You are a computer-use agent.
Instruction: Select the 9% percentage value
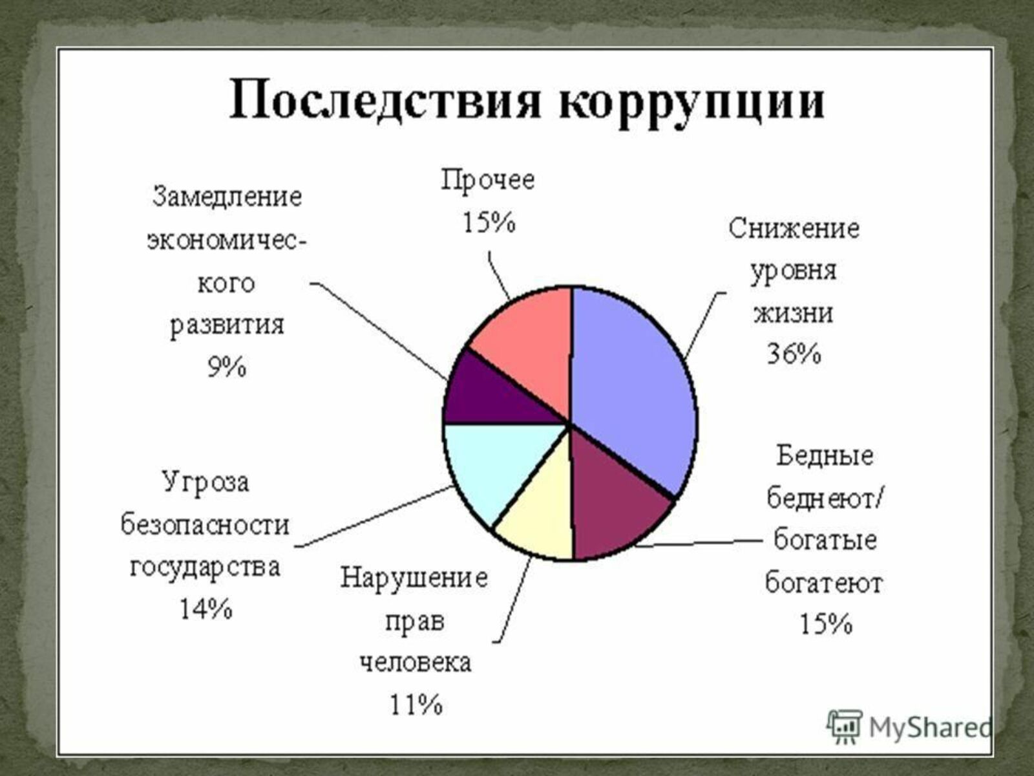pyautogui.click(x=227, y=367)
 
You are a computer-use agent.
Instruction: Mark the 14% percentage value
pyautogui.click(x=206, y=609)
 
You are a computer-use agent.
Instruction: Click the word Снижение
pyautogui.click(x=794, y=229)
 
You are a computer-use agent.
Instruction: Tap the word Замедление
pyautogui.click(x=227, y=197)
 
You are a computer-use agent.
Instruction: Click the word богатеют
pyautogui.click(x=824, y=584)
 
